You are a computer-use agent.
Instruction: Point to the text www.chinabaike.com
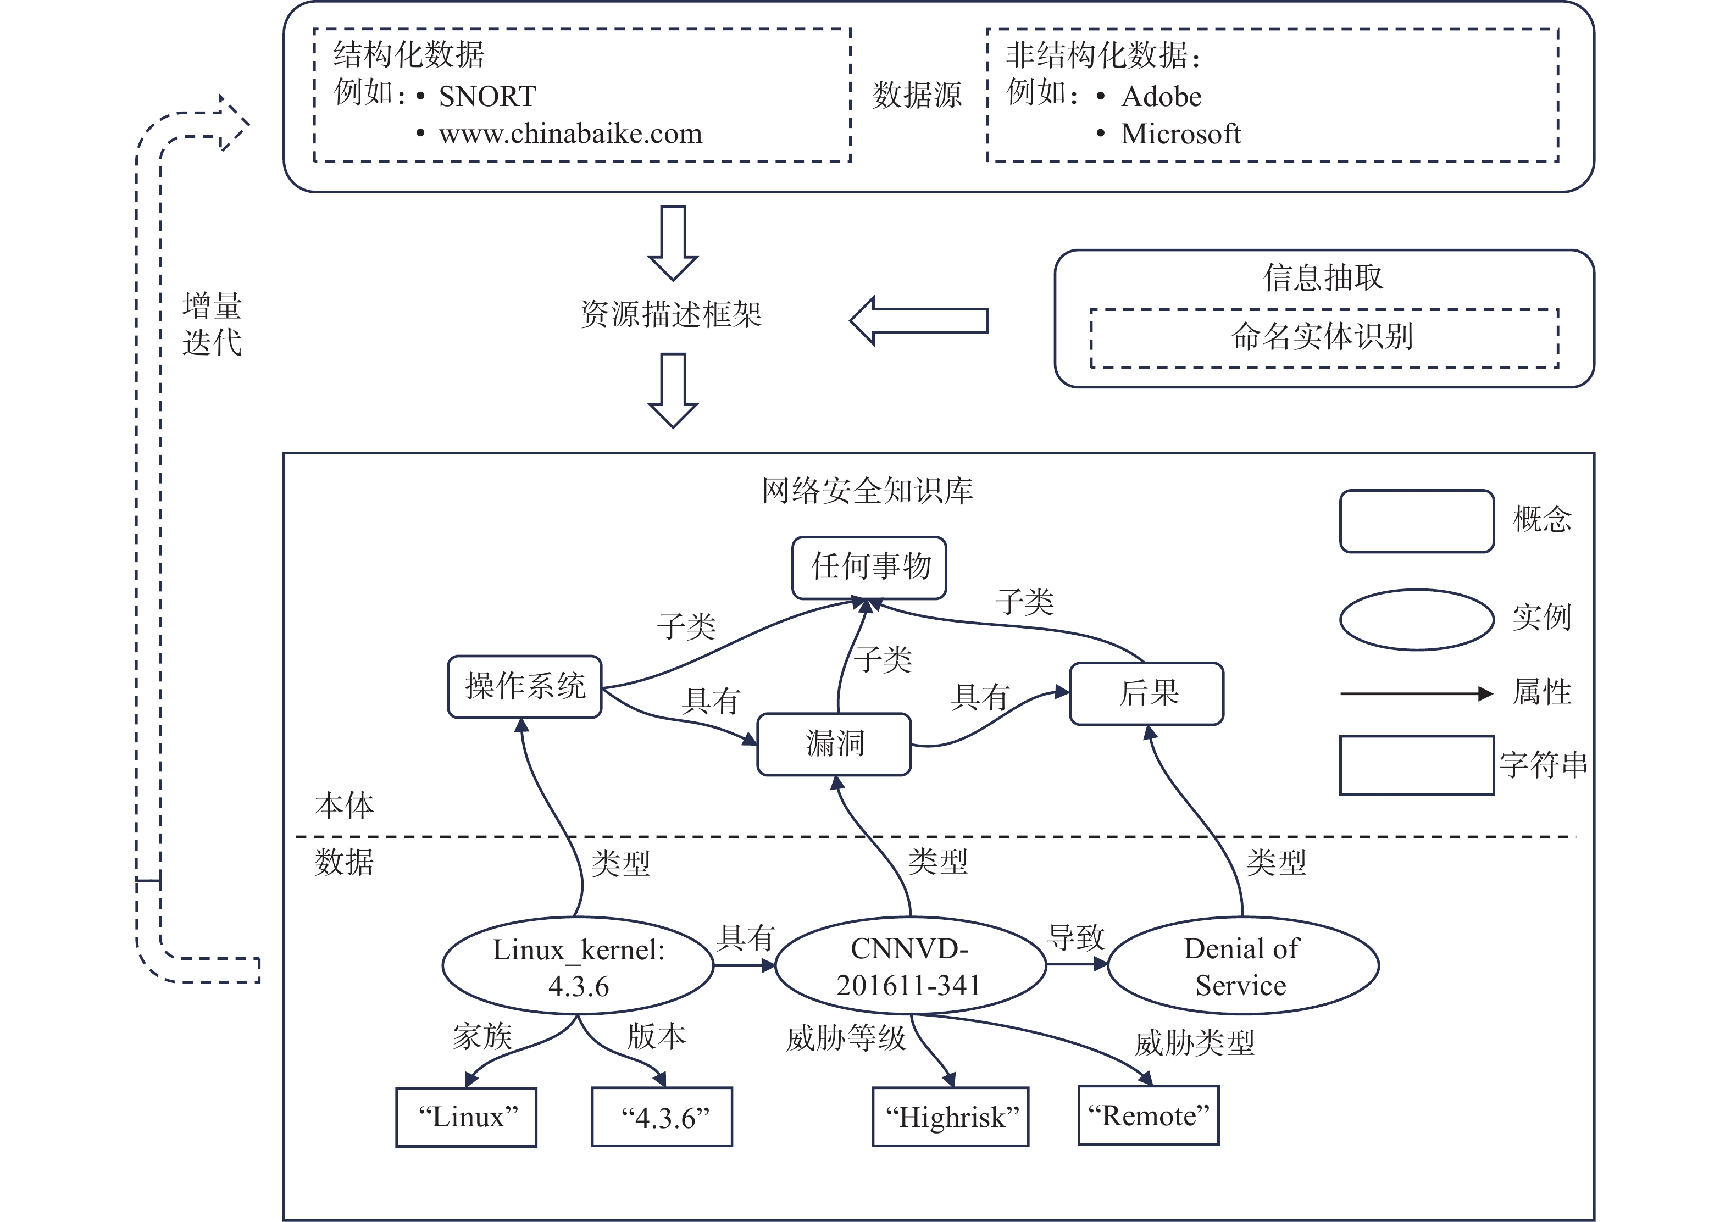click(x=571, y=134)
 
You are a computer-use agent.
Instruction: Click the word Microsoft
click(x=1180, y=134)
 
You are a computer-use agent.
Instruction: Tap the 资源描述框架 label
click(x=671, y=314)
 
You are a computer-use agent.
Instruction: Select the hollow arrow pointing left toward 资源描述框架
click(x=918, y=320)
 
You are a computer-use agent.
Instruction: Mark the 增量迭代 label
click(x=212, y=324)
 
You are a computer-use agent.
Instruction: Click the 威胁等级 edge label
click(x=845, y=1038)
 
